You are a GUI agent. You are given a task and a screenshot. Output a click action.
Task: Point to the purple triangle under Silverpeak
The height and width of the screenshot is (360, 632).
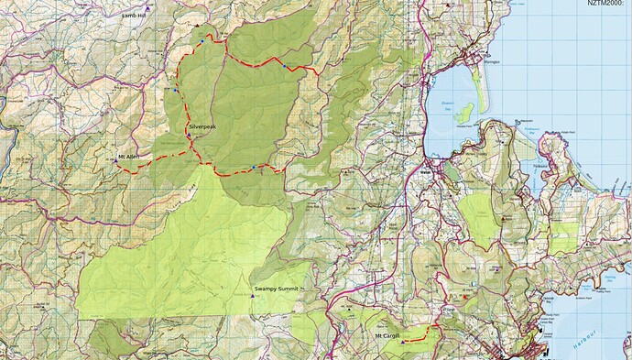tap(189, 136)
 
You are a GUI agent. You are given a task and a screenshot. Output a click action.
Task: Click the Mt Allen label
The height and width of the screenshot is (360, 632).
tap(127, 157)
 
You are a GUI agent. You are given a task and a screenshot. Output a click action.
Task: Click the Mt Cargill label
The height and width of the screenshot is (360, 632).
tap(389, 336)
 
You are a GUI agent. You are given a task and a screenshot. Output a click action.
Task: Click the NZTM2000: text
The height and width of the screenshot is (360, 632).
tap(607, 4)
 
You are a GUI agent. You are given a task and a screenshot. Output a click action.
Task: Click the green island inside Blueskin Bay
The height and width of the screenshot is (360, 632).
tap(464, 114)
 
